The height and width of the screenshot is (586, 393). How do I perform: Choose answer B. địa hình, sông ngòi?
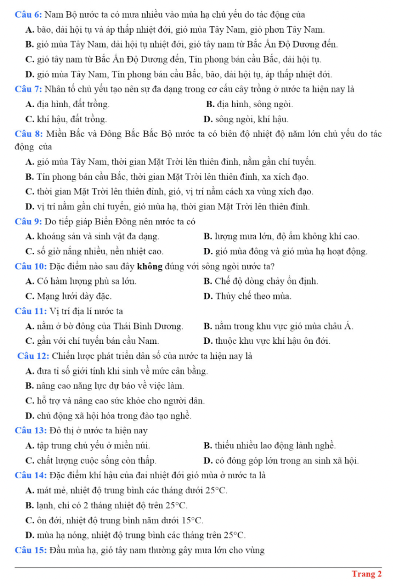click(x=249, y=103)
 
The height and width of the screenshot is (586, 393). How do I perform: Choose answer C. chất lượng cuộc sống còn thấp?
click(x=91, y=460)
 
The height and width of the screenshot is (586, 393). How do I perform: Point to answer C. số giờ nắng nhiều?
click(x=94, y=251)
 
